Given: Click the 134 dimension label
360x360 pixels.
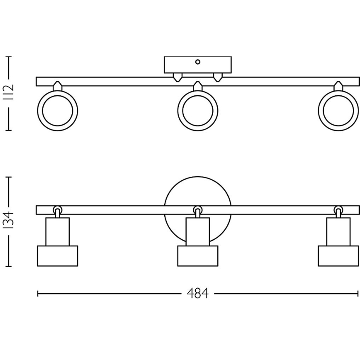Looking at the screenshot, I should click(9, 221).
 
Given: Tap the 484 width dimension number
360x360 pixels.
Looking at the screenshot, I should click(197, 294).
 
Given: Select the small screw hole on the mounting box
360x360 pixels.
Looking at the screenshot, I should click(198, 62).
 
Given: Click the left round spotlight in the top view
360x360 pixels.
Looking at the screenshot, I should click(58, 111).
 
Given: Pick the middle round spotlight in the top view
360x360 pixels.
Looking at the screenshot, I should click(198, 111).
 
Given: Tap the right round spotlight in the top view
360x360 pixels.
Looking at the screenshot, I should click(338, 111).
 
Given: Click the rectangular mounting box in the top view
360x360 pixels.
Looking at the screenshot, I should click(197, 65).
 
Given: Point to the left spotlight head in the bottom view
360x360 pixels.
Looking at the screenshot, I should click(58, 256).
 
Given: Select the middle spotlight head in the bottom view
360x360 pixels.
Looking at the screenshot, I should click(198, 256).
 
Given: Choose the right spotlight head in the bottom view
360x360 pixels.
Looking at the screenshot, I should click(338, 256).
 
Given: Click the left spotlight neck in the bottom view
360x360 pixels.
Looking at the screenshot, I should click(58, 231).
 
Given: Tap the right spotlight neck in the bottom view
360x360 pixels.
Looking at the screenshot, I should click(338, 231).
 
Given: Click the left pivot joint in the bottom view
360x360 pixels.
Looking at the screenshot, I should click(58, 209).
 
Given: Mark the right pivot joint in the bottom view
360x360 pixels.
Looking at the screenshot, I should click(338, 209).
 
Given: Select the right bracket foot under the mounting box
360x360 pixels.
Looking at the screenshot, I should click(217, 77).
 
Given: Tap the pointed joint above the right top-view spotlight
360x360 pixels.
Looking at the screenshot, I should click(338, 86).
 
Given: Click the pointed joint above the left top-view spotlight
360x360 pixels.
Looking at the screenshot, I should click(58, 86).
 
